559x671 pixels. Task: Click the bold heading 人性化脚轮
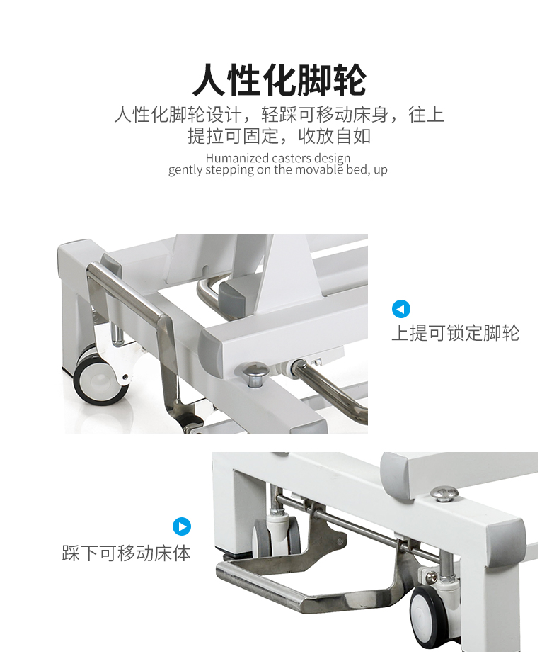click(279, 79)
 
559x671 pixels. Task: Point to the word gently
click(186, 170)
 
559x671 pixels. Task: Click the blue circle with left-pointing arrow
click(401, 309)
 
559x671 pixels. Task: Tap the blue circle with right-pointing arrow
click(182, 526)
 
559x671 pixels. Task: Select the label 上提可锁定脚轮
click(455, 332)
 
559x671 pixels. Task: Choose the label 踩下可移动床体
click(126, 553)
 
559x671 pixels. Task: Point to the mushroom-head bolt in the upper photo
click(255, 371)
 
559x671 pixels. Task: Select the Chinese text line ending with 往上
click(279, 114)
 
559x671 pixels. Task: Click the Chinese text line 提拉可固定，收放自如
click(279, 135)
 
